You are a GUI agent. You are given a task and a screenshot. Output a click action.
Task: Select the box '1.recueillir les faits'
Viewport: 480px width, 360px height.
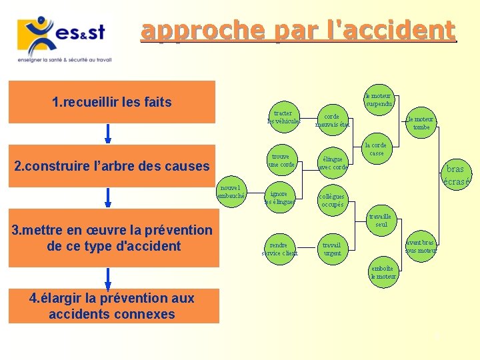pyautogui.click(x=111, y=102)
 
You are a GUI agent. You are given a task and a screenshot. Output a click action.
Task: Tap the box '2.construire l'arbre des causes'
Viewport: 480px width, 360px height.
pyautogui.click(x=111, y=166)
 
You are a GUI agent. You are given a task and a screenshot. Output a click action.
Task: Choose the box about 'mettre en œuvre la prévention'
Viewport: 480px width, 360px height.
pyautogui.click(x=111, y=238)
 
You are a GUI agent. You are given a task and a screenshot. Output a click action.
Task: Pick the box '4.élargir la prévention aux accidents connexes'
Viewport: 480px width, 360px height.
pyautogui.click(x=111, y=306)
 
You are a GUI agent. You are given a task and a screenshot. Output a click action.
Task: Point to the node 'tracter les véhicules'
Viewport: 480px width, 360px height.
pyautogui.click(x=284, y=117)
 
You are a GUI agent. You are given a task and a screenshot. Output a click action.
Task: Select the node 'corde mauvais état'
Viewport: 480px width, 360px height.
pyautogui.click(x=332, y=121)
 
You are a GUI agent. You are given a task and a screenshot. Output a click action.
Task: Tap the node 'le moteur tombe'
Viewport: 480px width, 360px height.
pyautogui.click(x=421, y=123)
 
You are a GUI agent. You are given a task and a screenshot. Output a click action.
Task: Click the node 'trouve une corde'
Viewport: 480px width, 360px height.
pyautogui.click(x=281, y=161)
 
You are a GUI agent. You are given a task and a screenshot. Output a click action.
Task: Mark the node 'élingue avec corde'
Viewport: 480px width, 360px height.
pyautogui.click(x=333, y=163)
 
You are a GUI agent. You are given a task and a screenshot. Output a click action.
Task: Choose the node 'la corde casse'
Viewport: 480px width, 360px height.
pyautogui.click(x=377, y=149)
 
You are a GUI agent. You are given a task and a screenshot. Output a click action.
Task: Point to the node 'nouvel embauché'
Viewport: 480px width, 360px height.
pyautogui.click(x=233, y=192)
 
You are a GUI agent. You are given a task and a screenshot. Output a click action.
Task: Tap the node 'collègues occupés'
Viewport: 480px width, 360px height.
pyautogui.click(x=332, y=201)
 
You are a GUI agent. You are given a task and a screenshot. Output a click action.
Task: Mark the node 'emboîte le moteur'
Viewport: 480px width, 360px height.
pyautogui.click(x=384, y=272)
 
